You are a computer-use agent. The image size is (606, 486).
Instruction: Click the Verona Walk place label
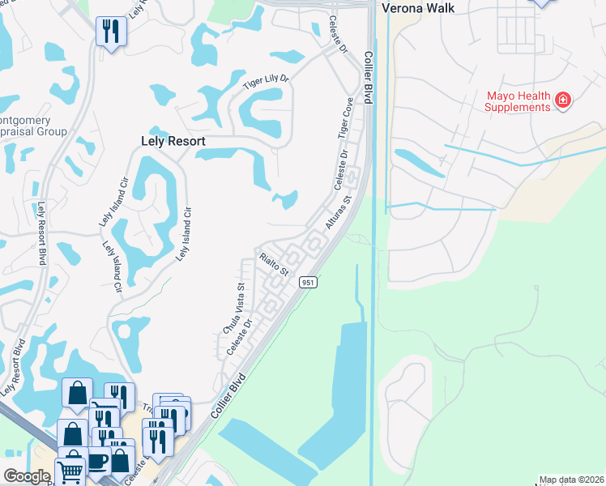coord(413,8)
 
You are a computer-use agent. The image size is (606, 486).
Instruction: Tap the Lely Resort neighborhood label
coord(169,141)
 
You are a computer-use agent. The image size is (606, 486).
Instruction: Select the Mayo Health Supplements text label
coord(518,101)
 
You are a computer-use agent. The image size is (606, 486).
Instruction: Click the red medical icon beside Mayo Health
coord(563,100)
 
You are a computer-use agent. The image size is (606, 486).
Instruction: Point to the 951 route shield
coord(308,282)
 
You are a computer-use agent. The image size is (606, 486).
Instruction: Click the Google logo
coord(27,475)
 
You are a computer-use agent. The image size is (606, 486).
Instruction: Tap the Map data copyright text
coord(571,480)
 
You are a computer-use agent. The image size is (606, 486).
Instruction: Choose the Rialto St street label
coord(274,264)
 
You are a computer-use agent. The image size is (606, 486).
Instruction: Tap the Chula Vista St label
coord(233,309)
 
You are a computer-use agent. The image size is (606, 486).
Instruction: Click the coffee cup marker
coord(98,460)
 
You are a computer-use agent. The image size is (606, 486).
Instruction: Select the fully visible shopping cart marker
coord(70,471)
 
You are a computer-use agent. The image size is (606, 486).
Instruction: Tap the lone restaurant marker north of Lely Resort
coord(109,32)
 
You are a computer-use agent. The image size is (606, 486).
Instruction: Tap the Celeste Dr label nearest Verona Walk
coord(337,35)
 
